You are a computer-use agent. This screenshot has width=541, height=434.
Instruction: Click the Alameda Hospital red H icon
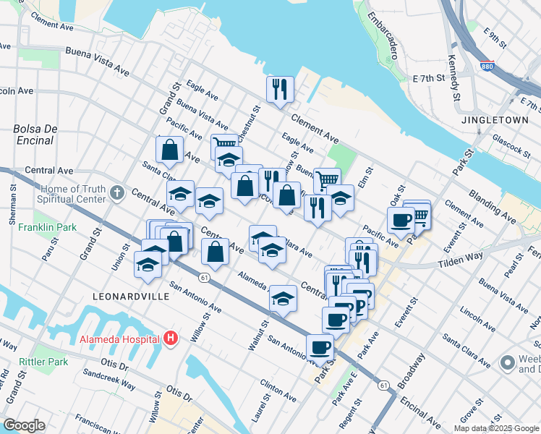[x=171, y=339]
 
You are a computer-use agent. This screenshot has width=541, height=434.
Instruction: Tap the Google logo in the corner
[x=24, y=425]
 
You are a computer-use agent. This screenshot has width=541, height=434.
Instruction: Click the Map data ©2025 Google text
[x=497, y=428]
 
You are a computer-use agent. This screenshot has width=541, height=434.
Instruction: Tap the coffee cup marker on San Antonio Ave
[x=320, y=346]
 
